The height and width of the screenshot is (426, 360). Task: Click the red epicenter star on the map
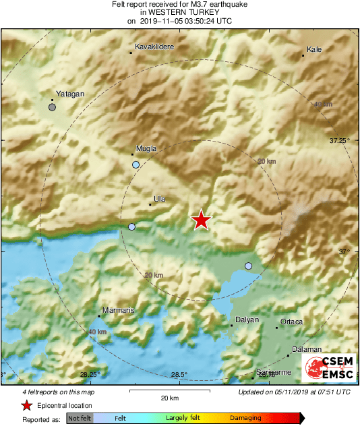click(x=201, y=220)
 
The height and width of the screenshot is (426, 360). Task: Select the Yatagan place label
click(x=70, y=94)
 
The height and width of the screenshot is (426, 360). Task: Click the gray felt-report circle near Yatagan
click(x=52, y=107)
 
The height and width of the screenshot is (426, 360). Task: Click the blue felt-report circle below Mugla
click(x=136, y=164)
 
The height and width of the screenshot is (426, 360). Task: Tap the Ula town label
click(x=160, y=199)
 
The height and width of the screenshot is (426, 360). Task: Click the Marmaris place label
click(x=117, y=311)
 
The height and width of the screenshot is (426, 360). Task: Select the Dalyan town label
click(x=247, y=320)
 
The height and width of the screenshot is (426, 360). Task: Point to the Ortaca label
click(x=291, y=322)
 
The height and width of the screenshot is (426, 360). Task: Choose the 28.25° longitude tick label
click(x=90, y=375)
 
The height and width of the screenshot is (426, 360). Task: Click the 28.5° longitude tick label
click(x=179, y=375)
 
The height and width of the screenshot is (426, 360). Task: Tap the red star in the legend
click(x=26, y=405)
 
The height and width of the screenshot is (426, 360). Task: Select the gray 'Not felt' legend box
click(x=80, y=418)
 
